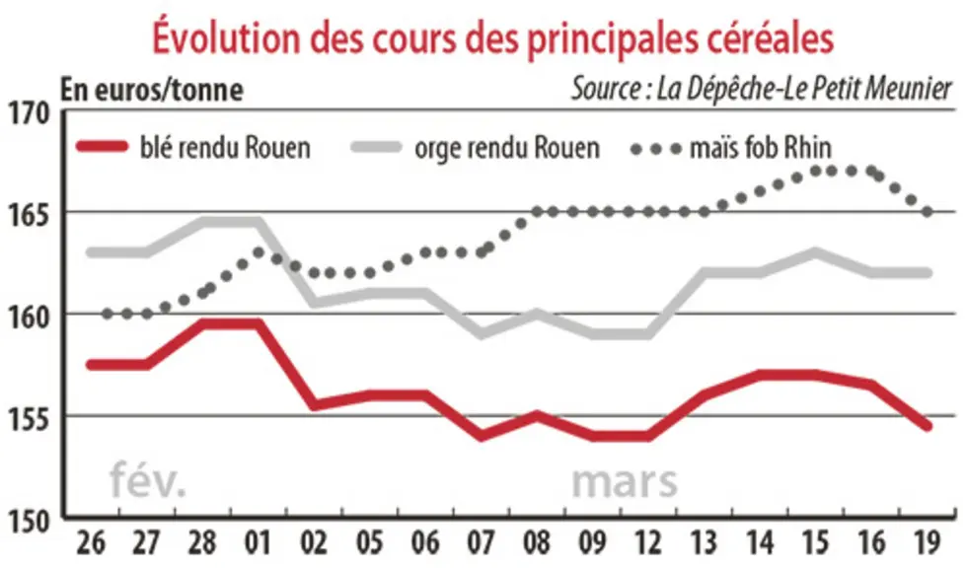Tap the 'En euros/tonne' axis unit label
coord(152,90)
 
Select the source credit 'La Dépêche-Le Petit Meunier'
coord(804,89)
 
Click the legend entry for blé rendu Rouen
coord(193,148)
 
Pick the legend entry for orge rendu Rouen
coord(475,148)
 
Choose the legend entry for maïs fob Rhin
coord(731,148)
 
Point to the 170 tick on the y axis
coord(29,112)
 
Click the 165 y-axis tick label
coord(29,216)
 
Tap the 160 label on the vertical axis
coord(29,318)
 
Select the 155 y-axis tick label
coord(29,420)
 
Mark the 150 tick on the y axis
coord(29,522)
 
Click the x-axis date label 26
coord(91,543)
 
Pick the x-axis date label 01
coord(258,543)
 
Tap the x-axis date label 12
coord(648,543)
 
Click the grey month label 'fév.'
coord(147,481)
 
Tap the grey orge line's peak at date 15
coord(815,252)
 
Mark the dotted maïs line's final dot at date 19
coord(927,212)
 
